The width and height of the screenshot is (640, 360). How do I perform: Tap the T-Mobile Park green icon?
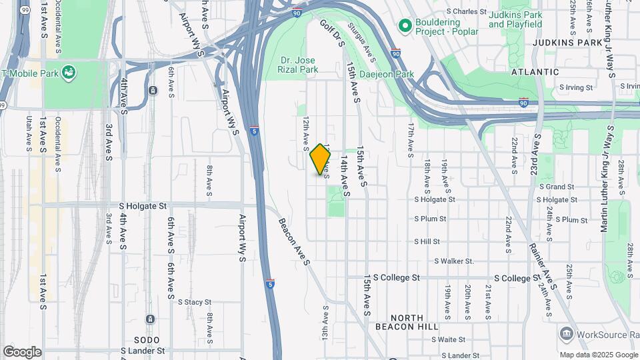(x=67, y=72)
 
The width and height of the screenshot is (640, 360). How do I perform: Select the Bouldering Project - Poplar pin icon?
(x=403, y=26)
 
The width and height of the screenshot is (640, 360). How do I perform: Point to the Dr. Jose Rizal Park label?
(x=299, y=64)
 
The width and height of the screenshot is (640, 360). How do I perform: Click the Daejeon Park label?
(x=387, y=75)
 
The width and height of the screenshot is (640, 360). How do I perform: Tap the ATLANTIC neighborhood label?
(x=535, y=71)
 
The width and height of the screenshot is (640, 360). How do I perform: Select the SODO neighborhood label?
(x=146, y=340)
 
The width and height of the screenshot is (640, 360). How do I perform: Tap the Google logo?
(x=22, y=351)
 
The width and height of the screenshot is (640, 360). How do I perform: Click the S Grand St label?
(x=557, y=187)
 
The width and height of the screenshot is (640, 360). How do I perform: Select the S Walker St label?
(x=453, y=261)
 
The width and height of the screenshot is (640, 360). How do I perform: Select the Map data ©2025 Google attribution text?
(x=598, y=355)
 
